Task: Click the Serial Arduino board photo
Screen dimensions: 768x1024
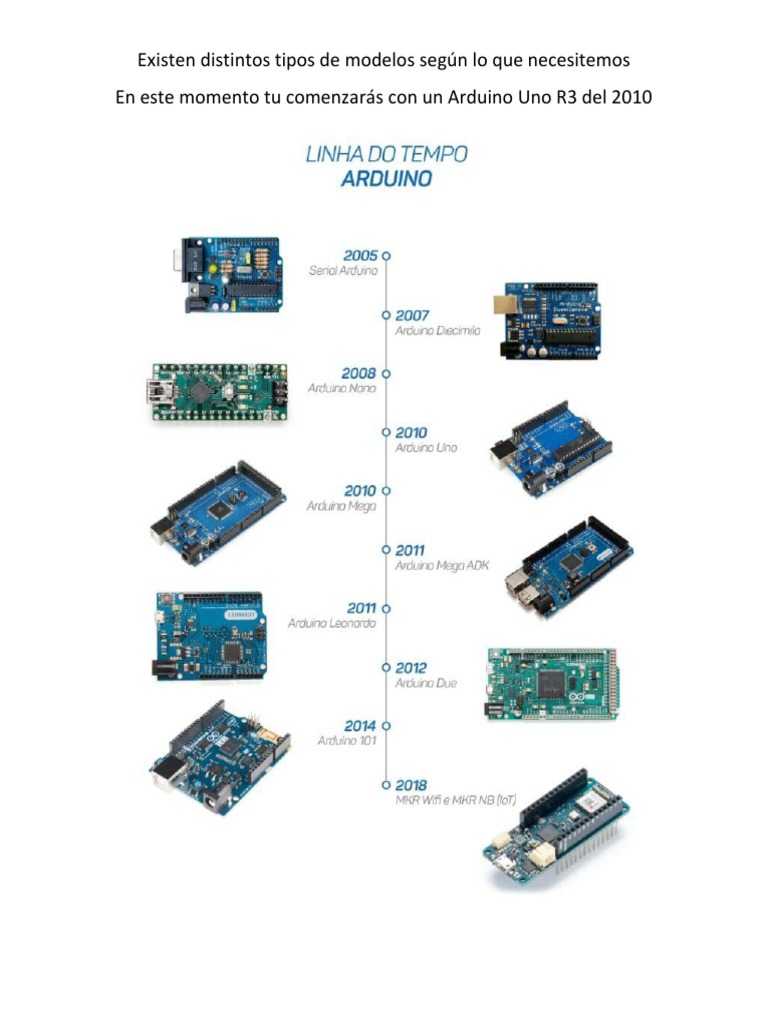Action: click(x=229, y=273)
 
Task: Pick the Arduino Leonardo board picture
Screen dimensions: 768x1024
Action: click(x=208, y=636)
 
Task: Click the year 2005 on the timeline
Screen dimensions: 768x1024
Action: click(x=360, y=255)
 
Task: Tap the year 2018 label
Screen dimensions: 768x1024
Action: click(x=412, y=785)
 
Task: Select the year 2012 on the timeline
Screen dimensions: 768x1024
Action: click(x=412, y=667)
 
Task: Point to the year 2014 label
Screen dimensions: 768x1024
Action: click(x=360, y=725)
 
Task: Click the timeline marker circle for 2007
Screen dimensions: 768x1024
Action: click(x=386, y=315)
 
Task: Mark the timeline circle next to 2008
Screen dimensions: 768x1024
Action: click(x=386, y=373)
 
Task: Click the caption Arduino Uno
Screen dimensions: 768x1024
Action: click(x=426, y=448)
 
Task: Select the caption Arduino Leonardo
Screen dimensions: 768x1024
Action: click(x=332, y=623)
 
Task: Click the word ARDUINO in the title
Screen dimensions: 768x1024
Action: click(x=386, y=180)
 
